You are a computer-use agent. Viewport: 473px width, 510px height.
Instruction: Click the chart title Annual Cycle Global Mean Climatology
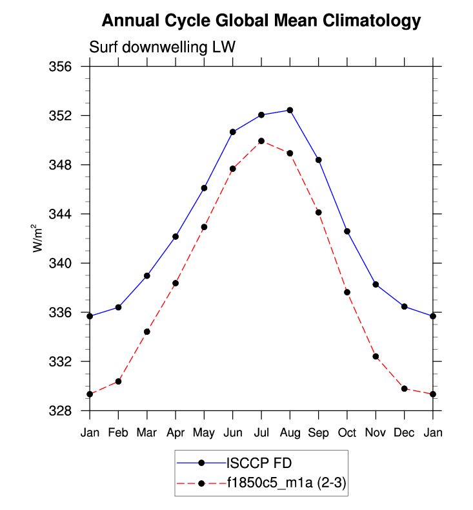(x=261, y=21)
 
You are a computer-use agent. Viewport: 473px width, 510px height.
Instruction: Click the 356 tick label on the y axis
(x=66, y=67)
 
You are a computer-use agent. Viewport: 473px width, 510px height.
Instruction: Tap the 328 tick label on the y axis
(x=66, y=410)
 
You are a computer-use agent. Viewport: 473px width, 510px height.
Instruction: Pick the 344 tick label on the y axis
(x=66, y=214)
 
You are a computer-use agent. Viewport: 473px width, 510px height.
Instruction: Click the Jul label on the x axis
(x=261, y=432)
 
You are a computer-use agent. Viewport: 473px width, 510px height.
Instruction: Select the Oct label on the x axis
(x=347, y=432)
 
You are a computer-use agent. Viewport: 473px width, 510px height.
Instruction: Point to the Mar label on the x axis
(x=146, y=432)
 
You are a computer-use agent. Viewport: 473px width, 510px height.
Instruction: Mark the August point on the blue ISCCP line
(x=290, y=110)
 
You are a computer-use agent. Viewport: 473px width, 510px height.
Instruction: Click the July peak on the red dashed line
(x=261, y=140)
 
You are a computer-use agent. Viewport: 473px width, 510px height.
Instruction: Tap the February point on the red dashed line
(x=118, y=381)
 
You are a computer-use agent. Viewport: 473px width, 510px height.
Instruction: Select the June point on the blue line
(x=233, y=132)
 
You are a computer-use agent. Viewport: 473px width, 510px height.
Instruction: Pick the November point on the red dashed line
(x=376, y=356)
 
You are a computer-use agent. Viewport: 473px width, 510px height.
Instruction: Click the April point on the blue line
(x=176, y=237)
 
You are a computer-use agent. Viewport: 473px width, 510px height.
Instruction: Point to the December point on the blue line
(x=404, y=306)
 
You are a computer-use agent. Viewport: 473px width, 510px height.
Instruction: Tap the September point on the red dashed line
(x=319, y=212)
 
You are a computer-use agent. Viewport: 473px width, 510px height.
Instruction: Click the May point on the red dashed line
(x=204, y=227)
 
